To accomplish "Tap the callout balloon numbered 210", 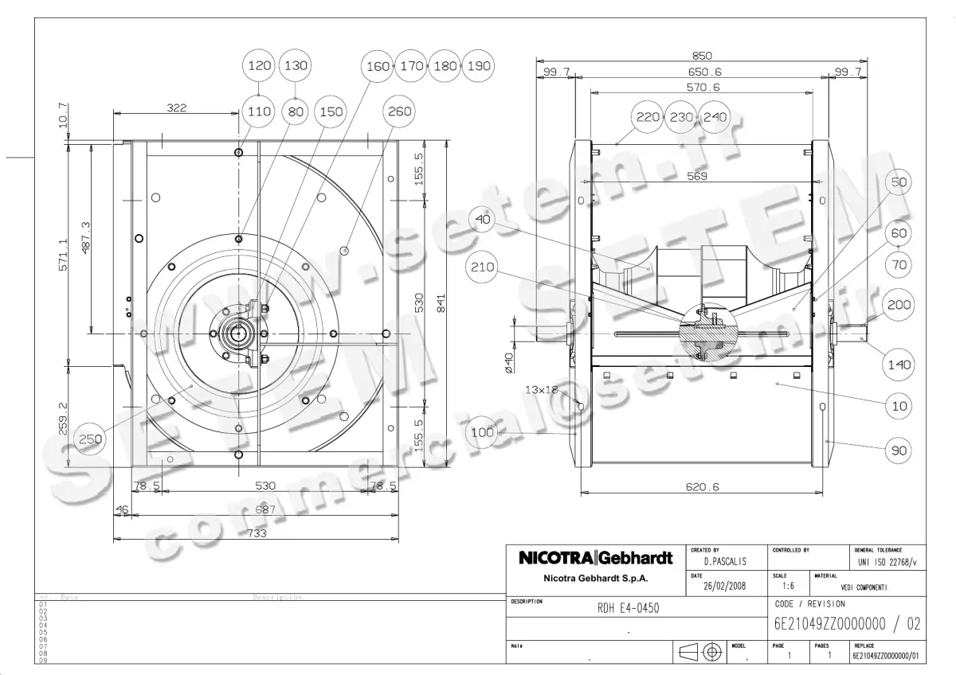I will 484,267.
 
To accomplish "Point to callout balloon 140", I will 899,365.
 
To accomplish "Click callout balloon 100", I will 484,432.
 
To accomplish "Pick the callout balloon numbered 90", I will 899,451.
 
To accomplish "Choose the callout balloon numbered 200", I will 899,305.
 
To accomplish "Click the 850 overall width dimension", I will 701,56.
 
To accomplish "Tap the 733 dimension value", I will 257,533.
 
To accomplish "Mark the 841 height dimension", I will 452,302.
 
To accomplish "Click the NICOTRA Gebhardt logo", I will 596,558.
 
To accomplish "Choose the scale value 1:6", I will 782,587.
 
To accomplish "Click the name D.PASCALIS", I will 719,561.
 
